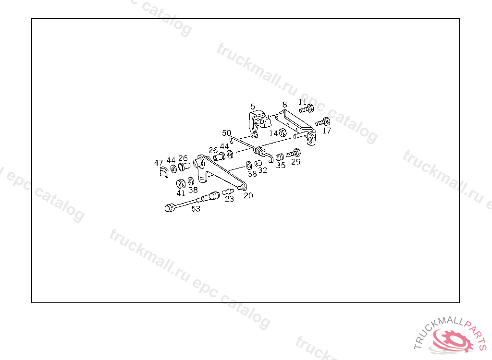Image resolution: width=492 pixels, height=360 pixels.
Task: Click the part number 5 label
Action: tap(253, 106)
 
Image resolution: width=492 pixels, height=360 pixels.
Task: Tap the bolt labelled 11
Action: tap(307, 109)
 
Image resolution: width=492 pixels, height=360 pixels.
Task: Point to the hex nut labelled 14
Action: tap(283, 132)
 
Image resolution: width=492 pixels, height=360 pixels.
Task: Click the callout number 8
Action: tap(284, 104)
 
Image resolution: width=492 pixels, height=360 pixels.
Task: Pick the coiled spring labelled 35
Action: tap(280, 156)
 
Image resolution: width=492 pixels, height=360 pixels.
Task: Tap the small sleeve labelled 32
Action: tap(258, 163)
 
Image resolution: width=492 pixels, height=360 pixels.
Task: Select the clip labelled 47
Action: tap(163, 171)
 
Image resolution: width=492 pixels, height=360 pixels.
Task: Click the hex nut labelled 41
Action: tap(181, 183)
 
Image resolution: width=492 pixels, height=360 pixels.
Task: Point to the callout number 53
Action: tap(196, 208)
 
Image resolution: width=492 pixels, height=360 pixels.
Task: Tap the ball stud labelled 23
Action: tap(227, 192)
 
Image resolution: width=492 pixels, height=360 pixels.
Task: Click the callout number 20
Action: tap(248, 195)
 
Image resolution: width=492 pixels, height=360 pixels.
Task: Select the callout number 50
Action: tap(227, 133)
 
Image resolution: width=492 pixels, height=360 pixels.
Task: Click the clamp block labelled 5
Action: tap(258, 120)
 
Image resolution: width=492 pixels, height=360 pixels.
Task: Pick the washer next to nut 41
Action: tap(191, 181)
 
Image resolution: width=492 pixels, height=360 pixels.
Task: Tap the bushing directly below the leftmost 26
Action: tap(183, 167)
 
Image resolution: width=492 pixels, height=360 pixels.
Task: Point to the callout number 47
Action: tap(159, 162)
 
